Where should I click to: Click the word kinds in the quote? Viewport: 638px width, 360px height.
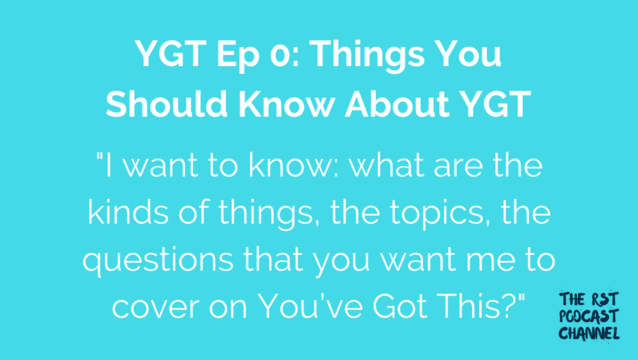pos(128,212)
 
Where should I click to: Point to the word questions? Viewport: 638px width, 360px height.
pos(158,261)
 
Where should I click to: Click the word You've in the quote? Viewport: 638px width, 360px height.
pos(310,307)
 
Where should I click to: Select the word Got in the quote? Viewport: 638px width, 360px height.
pos(401,307)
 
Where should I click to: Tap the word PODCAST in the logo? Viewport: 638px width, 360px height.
pos(589,316)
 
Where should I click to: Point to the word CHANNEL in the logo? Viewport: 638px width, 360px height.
pos(589,333)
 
